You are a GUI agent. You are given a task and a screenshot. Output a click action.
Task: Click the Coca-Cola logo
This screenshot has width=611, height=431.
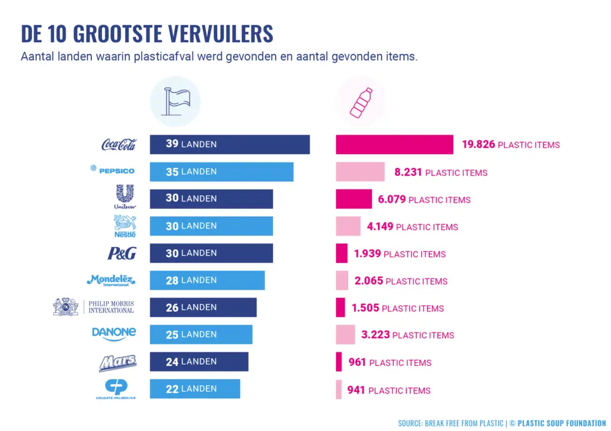pyautogui.click(x=119, y=144)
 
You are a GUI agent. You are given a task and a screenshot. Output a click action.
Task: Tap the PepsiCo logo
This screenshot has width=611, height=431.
pyautogui.click(x=113, y=170)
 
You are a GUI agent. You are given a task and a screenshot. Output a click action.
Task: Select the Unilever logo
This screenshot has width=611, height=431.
pyautogui.click(x=125, y=197)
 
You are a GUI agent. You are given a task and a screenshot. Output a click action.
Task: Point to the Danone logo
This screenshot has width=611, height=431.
pyautogui.click(x=114, y=334)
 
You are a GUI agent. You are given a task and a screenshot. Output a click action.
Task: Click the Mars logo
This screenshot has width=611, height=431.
pyautogui.click(x=117, y=362)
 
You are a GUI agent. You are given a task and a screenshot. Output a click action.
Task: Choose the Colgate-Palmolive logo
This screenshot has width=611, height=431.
pyautogui.click(x=116, y=389)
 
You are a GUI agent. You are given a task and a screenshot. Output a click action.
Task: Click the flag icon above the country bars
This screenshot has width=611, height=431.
pyautogui.click(x=175, y=102)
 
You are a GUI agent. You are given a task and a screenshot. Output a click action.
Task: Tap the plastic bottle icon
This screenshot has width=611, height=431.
pyautogui.click(x=361, y=102)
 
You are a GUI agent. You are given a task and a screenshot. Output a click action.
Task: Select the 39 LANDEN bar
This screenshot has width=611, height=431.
pyautogui.click(x=230, y=144)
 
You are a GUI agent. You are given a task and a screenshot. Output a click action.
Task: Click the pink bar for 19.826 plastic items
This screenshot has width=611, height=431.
pyautogui.click(x=394, y=144)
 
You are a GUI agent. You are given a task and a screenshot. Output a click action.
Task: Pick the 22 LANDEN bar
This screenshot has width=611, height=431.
pyautogui.click(x=195, y=389)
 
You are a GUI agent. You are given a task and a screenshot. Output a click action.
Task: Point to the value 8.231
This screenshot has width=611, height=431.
pyautogui.click(x=408, y=172)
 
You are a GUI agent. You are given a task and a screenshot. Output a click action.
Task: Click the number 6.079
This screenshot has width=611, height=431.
pyautogui.click(x=392, y=199)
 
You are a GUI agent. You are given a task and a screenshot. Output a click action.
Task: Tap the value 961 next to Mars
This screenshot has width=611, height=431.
pyautogui.click(x=357, y=362)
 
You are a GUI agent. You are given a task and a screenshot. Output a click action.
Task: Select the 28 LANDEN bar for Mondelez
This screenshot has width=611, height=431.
pyautogui.click(x=207, y=280)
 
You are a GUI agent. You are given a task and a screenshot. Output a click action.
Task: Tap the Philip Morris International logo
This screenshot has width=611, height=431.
pyautogui.click(x=94, y=307)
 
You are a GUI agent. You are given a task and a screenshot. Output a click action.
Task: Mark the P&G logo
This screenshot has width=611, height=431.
pyautogui.click(x=122, y=253)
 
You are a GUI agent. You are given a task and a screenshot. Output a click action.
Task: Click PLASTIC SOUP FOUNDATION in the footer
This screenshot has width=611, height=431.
pyautogui.click(x=562, y=423)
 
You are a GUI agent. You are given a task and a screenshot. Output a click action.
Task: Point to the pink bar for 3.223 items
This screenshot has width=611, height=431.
pyautogui.click(x=345, y=335)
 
